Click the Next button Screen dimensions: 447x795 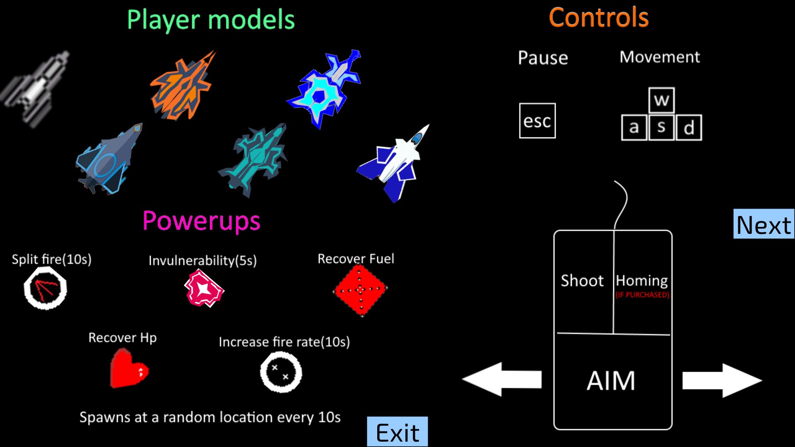pos(764,224)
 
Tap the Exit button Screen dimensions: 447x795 pos(397,432)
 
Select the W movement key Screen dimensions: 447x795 pos(661,100)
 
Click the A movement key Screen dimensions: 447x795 pos(634,127)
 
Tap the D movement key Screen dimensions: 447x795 pos(689,127)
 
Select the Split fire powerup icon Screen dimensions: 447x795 pos(45,288)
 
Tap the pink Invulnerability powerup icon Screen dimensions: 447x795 pos(204,288)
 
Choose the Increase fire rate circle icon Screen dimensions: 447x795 pos(281,372)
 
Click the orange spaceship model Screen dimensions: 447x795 pos(182,87)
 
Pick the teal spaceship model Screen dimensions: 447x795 pos(255,159)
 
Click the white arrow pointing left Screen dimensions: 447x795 pos(502,380)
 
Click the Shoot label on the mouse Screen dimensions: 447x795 pos(582,281)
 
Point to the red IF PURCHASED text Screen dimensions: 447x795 pos(642,295)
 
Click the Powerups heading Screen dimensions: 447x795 pos(201,221)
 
